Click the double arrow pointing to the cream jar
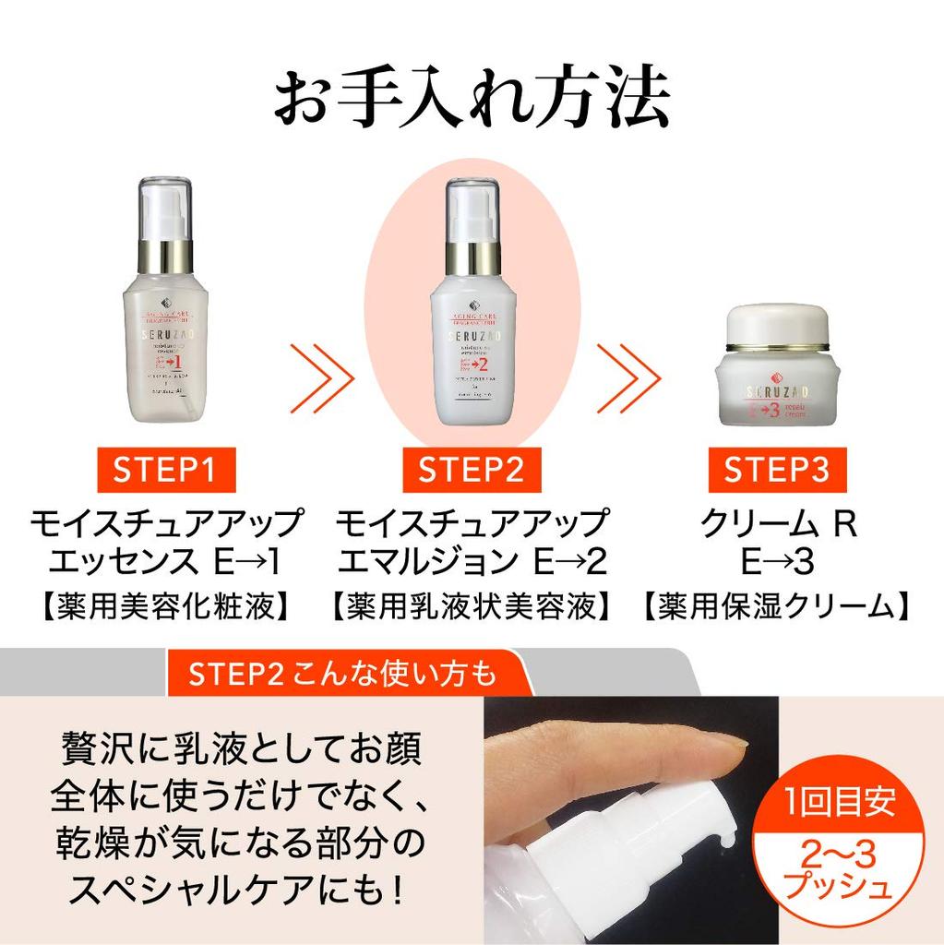point(627,377)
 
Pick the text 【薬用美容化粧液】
point(164,606)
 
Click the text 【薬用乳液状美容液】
point(472,606)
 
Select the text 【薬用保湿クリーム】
point(776,606)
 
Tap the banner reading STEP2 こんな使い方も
point(341,674)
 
